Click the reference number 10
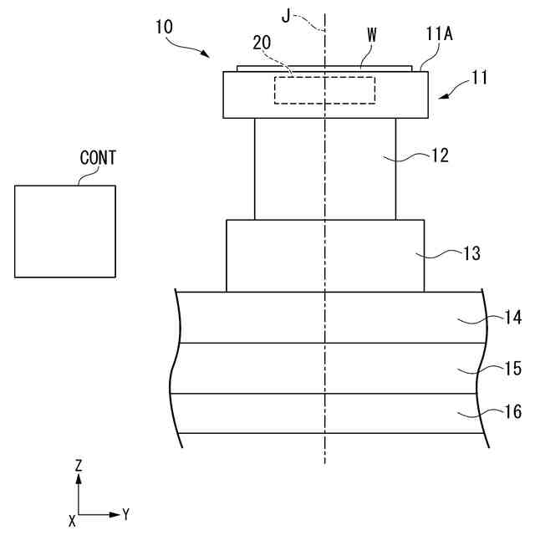(x=165, y=26)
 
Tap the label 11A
(x=437, y=36)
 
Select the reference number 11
(x=479, y=79)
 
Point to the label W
(x=371, y=36)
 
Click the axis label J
(x=286, y=16)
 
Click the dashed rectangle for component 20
(x=324, y=90)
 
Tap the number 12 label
(x=440, y=155)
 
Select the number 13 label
(x=471, y=253)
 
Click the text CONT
(x=98, y=157)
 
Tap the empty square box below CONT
(x=65, y=231)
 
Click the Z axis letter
(x=78, y=465)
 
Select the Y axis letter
(x=125, y=514)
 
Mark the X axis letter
(x=73, y=521)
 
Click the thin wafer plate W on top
(x=324, y=68)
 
